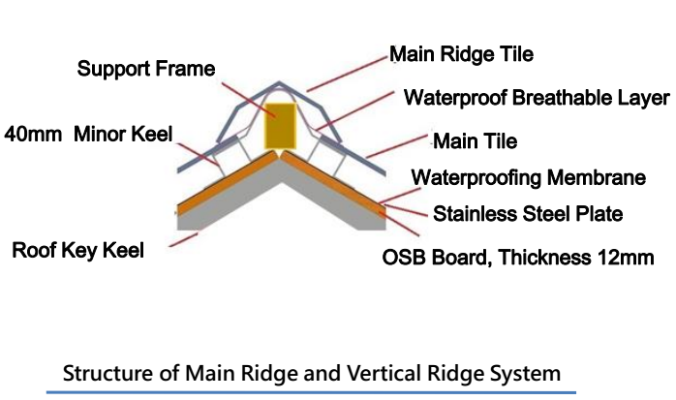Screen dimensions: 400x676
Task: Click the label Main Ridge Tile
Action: (x=461, y=53)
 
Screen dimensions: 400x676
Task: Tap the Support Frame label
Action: (x=146, y=70)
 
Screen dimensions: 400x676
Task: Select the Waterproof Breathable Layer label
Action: (x=537, y=98)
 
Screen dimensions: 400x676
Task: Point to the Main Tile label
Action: (x=475, y=141)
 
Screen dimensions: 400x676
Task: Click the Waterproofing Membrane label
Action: (x=529, y=177)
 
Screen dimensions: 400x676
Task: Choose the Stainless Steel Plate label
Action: (x=527, y=213)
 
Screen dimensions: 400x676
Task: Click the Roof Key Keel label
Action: (x=77, y=251)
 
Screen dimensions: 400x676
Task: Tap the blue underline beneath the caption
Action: (x=311, y=392)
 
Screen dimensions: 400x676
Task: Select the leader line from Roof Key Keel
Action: (x=183, y=240)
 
